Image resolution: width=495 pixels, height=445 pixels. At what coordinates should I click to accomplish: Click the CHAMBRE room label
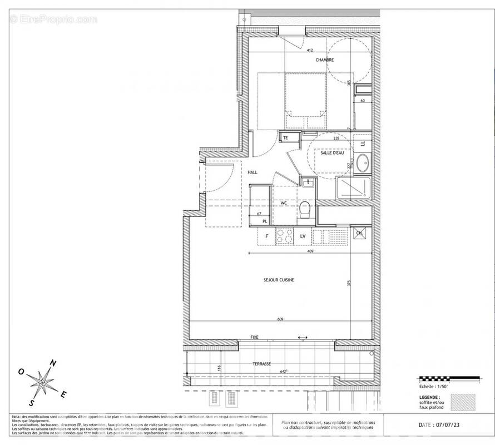[325, 60]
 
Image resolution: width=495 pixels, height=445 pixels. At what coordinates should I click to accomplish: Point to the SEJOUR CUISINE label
[279, 280]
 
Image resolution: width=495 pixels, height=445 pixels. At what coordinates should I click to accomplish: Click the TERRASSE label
[261, 363]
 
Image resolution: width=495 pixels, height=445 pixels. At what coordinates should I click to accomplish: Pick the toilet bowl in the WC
[304, 210]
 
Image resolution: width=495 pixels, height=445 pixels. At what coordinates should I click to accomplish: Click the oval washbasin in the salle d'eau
[362, 164]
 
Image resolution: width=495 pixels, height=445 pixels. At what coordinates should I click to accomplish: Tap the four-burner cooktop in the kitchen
[285, 236]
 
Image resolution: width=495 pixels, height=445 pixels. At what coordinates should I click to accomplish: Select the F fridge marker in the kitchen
[266, 236]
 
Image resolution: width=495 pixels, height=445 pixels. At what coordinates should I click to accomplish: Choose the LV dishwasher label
[303, 236]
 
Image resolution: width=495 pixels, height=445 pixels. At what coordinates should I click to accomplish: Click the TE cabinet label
[285, 137]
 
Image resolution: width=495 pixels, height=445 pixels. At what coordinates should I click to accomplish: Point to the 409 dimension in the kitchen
[310, 251]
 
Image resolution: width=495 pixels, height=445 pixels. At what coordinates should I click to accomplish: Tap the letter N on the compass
[53, 363]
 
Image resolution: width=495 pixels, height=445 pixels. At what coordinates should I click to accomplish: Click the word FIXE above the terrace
[254, 337]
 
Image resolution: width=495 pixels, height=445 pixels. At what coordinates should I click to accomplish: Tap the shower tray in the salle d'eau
[352, 189]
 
